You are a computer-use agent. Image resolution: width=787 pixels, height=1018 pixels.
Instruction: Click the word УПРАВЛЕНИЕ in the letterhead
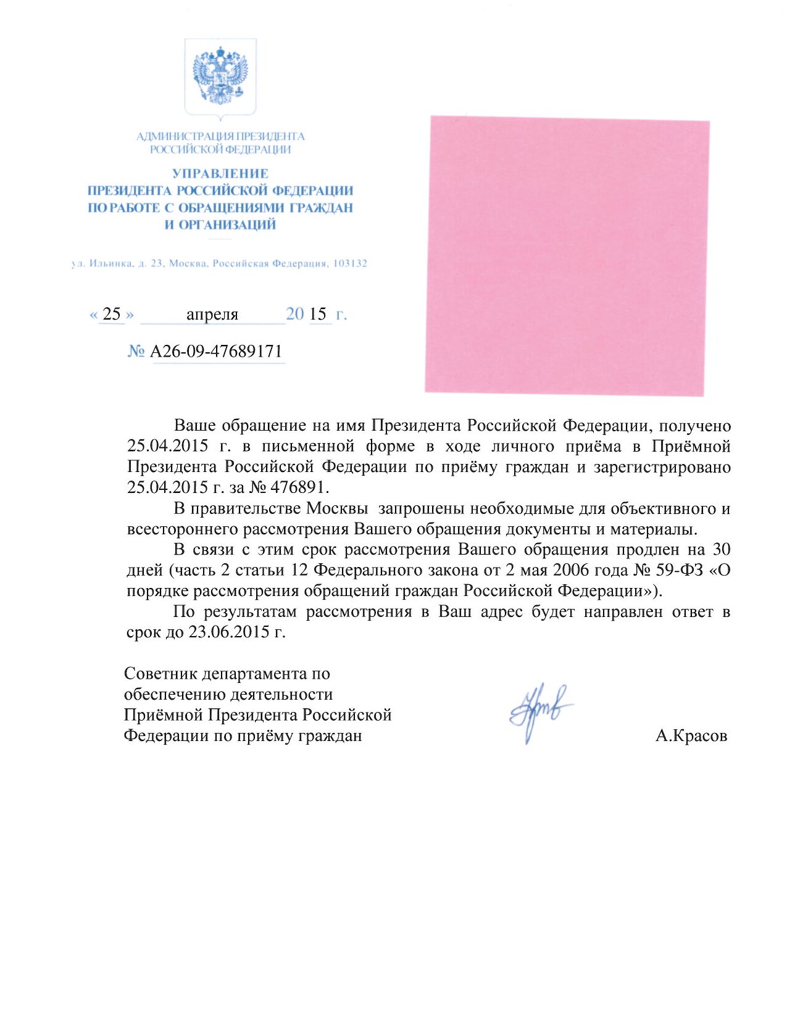coord(220,173)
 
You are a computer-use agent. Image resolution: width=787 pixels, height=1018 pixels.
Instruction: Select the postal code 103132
coord(350,263)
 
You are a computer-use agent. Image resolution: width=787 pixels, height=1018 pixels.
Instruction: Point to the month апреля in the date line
coord(212,315)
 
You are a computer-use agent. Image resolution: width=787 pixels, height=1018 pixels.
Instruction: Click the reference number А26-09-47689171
coord(216,352)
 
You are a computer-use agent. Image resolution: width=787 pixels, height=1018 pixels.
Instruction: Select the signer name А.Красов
coord(691,735)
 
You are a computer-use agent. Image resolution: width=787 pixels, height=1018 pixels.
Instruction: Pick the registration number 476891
coord(298,487)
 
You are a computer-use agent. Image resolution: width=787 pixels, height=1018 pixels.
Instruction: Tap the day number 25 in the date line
coord(112,314)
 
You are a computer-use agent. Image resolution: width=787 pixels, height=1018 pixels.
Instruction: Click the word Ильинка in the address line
coord(110,263)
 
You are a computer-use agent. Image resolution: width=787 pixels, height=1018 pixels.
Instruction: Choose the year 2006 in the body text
coord(571,570)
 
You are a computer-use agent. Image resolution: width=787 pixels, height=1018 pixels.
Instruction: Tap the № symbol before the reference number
coord(136,352)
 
